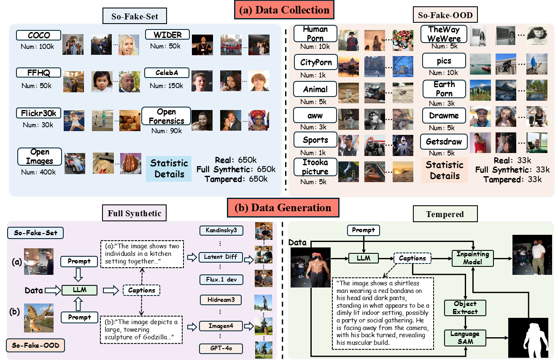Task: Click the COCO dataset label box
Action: [39, 35]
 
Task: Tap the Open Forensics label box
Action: [166, 116]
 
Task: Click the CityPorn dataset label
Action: [316, 62]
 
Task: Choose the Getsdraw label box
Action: [444, 142]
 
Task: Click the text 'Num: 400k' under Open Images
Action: [38, 172]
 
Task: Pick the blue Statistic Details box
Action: [169, 168]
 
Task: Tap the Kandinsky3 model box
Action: [221, 231]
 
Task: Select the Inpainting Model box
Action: [472, 258]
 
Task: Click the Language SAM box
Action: [465, 337]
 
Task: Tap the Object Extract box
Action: [465, 308]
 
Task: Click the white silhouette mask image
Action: [530, 338]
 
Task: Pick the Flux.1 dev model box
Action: [221, 279]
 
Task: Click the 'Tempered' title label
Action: [445, 214]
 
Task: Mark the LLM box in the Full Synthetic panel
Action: [80, 290]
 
